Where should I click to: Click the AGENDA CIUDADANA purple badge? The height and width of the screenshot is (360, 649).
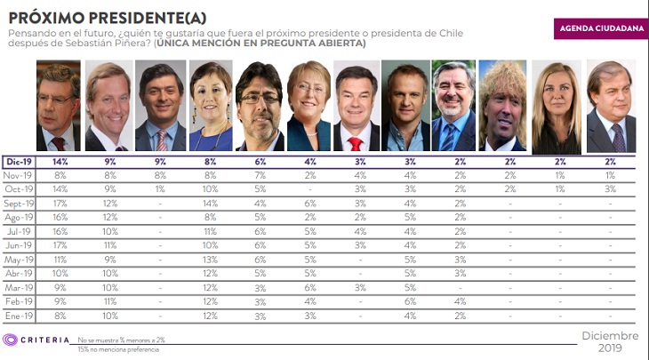coord(600,28)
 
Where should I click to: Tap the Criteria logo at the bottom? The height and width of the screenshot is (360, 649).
coord(35,340)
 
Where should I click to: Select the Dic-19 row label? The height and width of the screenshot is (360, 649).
coord(20,163)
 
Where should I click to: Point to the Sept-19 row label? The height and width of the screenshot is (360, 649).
coord(20,204)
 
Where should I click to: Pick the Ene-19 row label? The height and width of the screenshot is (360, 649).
coord(20,316)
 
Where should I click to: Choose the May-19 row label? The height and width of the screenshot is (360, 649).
coord(20,260)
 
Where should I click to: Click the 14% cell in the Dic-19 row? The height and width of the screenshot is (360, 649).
coord(60,163)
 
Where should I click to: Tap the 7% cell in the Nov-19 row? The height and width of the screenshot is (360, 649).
coord(260,176)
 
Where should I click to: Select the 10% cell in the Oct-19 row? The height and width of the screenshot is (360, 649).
coord(211,190)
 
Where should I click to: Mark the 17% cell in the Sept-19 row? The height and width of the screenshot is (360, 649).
coord(60,204)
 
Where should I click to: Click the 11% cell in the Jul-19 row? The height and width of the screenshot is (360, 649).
coord(211,232)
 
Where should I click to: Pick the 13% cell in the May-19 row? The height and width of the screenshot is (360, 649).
coord(211,260)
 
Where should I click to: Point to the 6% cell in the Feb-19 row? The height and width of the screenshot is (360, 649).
coord(409,301)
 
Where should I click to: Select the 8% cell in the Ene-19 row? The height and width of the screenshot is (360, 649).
coord(60,316)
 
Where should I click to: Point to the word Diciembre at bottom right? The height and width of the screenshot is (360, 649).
coord(610,336)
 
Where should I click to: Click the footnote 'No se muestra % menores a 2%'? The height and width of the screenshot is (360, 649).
coord(120,340)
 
